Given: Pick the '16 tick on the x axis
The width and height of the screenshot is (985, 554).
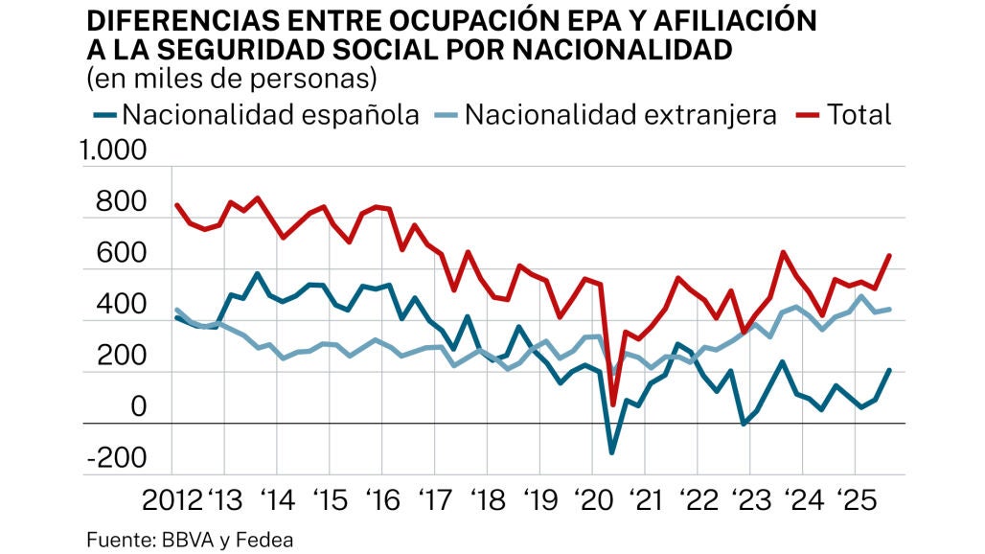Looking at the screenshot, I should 382,500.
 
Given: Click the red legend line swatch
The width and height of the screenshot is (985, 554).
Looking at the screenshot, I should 809,115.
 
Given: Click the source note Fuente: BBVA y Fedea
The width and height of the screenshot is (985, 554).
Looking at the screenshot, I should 190,540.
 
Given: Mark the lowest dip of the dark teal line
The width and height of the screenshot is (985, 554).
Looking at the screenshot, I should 612,452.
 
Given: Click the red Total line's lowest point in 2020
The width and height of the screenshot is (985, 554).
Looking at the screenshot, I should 613,404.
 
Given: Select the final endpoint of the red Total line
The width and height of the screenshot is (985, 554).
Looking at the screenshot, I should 890,255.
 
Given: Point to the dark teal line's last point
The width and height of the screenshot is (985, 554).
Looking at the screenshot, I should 890,370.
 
